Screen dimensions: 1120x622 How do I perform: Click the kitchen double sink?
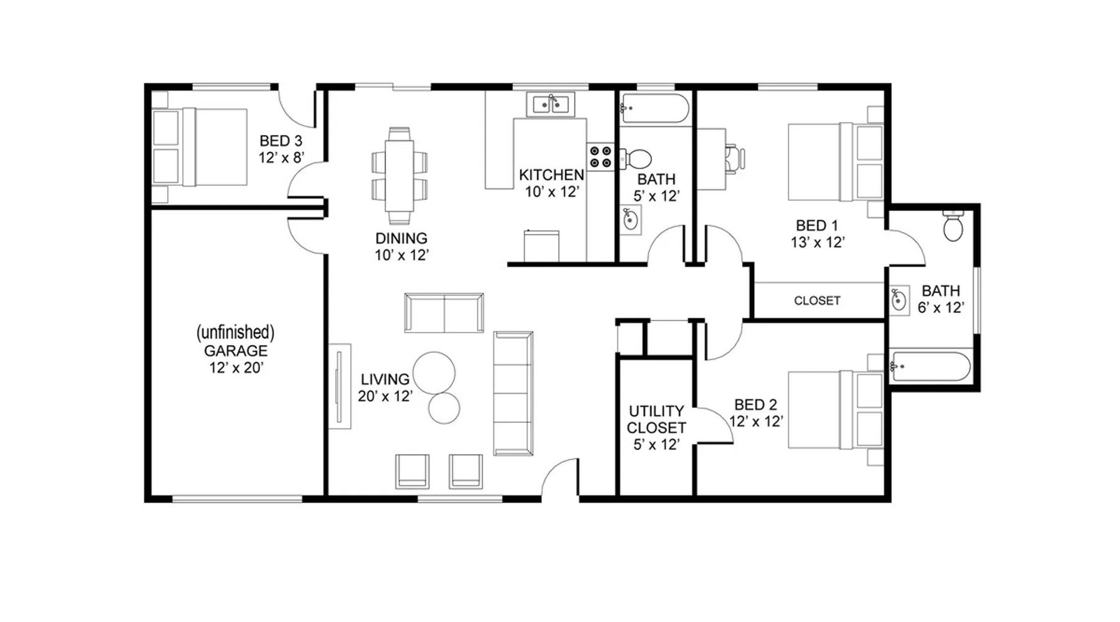click(550, 104)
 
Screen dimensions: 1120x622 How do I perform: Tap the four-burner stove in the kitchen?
click(600, 157)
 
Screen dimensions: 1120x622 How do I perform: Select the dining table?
click(399, 176)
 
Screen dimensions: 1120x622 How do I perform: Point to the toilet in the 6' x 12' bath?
click(953, 225)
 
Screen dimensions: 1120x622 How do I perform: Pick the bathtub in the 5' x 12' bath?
click(655, 108)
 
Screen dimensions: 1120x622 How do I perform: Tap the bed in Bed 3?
click(199, 147)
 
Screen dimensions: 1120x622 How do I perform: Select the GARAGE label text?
click(236, 350)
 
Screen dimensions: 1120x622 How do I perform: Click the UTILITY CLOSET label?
click(656, 419)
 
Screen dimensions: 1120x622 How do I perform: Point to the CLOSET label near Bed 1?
click(817, 300)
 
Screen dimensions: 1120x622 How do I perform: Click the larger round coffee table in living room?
click(434, 373)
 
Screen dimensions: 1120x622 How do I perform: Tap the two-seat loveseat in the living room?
click(444, 313)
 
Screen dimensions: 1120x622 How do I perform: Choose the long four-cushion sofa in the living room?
click(513, 393)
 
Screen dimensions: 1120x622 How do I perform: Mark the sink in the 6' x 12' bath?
click(899, 300)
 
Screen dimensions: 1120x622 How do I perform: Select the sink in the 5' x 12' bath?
click(630, 220)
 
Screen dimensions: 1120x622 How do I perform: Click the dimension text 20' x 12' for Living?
click(385, 396)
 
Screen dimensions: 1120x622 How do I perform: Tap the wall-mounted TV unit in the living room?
click(340, 386)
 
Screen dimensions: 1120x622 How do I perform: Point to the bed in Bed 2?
click(836, 409)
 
